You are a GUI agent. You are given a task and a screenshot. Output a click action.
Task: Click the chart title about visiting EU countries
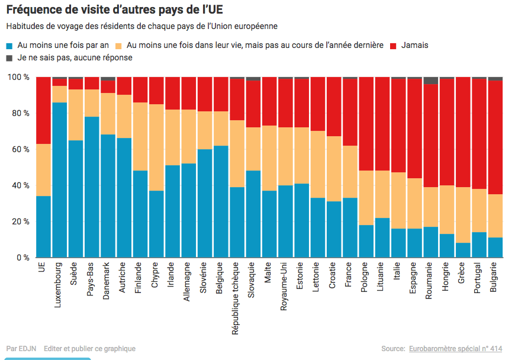[115, 10]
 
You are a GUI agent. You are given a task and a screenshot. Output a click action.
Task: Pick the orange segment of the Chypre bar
[156, 147]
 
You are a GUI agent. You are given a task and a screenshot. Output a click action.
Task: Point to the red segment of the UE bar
[43, 110]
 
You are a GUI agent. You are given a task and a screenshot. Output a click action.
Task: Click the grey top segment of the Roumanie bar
[431, 81]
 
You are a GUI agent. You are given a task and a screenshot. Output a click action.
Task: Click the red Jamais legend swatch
[393, 46]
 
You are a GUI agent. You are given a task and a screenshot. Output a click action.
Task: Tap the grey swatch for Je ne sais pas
[9, 58]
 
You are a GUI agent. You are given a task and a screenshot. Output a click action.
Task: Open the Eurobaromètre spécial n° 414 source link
[455, 349]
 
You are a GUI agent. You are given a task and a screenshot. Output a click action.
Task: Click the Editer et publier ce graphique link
[89, 349]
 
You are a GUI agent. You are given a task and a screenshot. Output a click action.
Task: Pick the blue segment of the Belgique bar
[220, 201]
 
